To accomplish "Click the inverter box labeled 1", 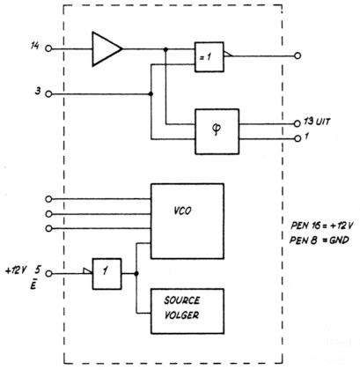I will click(x=106, y=272).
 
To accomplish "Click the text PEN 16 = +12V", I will click(x=312, y=225).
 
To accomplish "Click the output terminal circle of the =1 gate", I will click(x=298, y=55).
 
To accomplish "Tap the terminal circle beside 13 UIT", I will click(x=297, y=123).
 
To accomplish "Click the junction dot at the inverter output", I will click(x=136, y=272).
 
